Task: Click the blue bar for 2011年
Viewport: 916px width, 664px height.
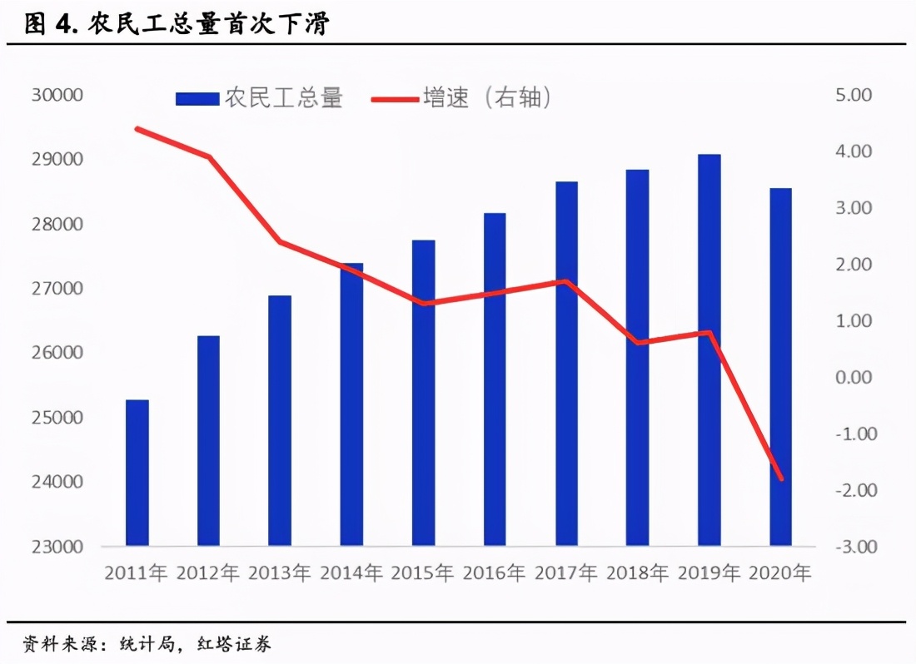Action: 137,473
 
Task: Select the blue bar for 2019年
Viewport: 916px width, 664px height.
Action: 709,349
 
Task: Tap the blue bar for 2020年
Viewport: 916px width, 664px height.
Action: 780,366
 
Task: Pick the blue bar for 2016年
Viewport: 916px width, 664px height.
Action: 495,379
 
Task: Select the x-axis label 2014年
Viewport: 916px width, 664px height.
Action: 351,573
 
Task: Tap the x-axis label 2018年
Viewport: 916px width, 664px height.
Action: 637,573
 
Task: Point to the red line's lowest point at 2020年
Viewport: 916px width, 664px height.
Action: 781,479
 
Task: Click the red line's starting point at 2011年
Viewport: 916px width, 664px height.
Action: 137,129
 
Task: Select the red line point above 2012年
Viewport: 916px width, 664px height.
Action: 209,156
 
